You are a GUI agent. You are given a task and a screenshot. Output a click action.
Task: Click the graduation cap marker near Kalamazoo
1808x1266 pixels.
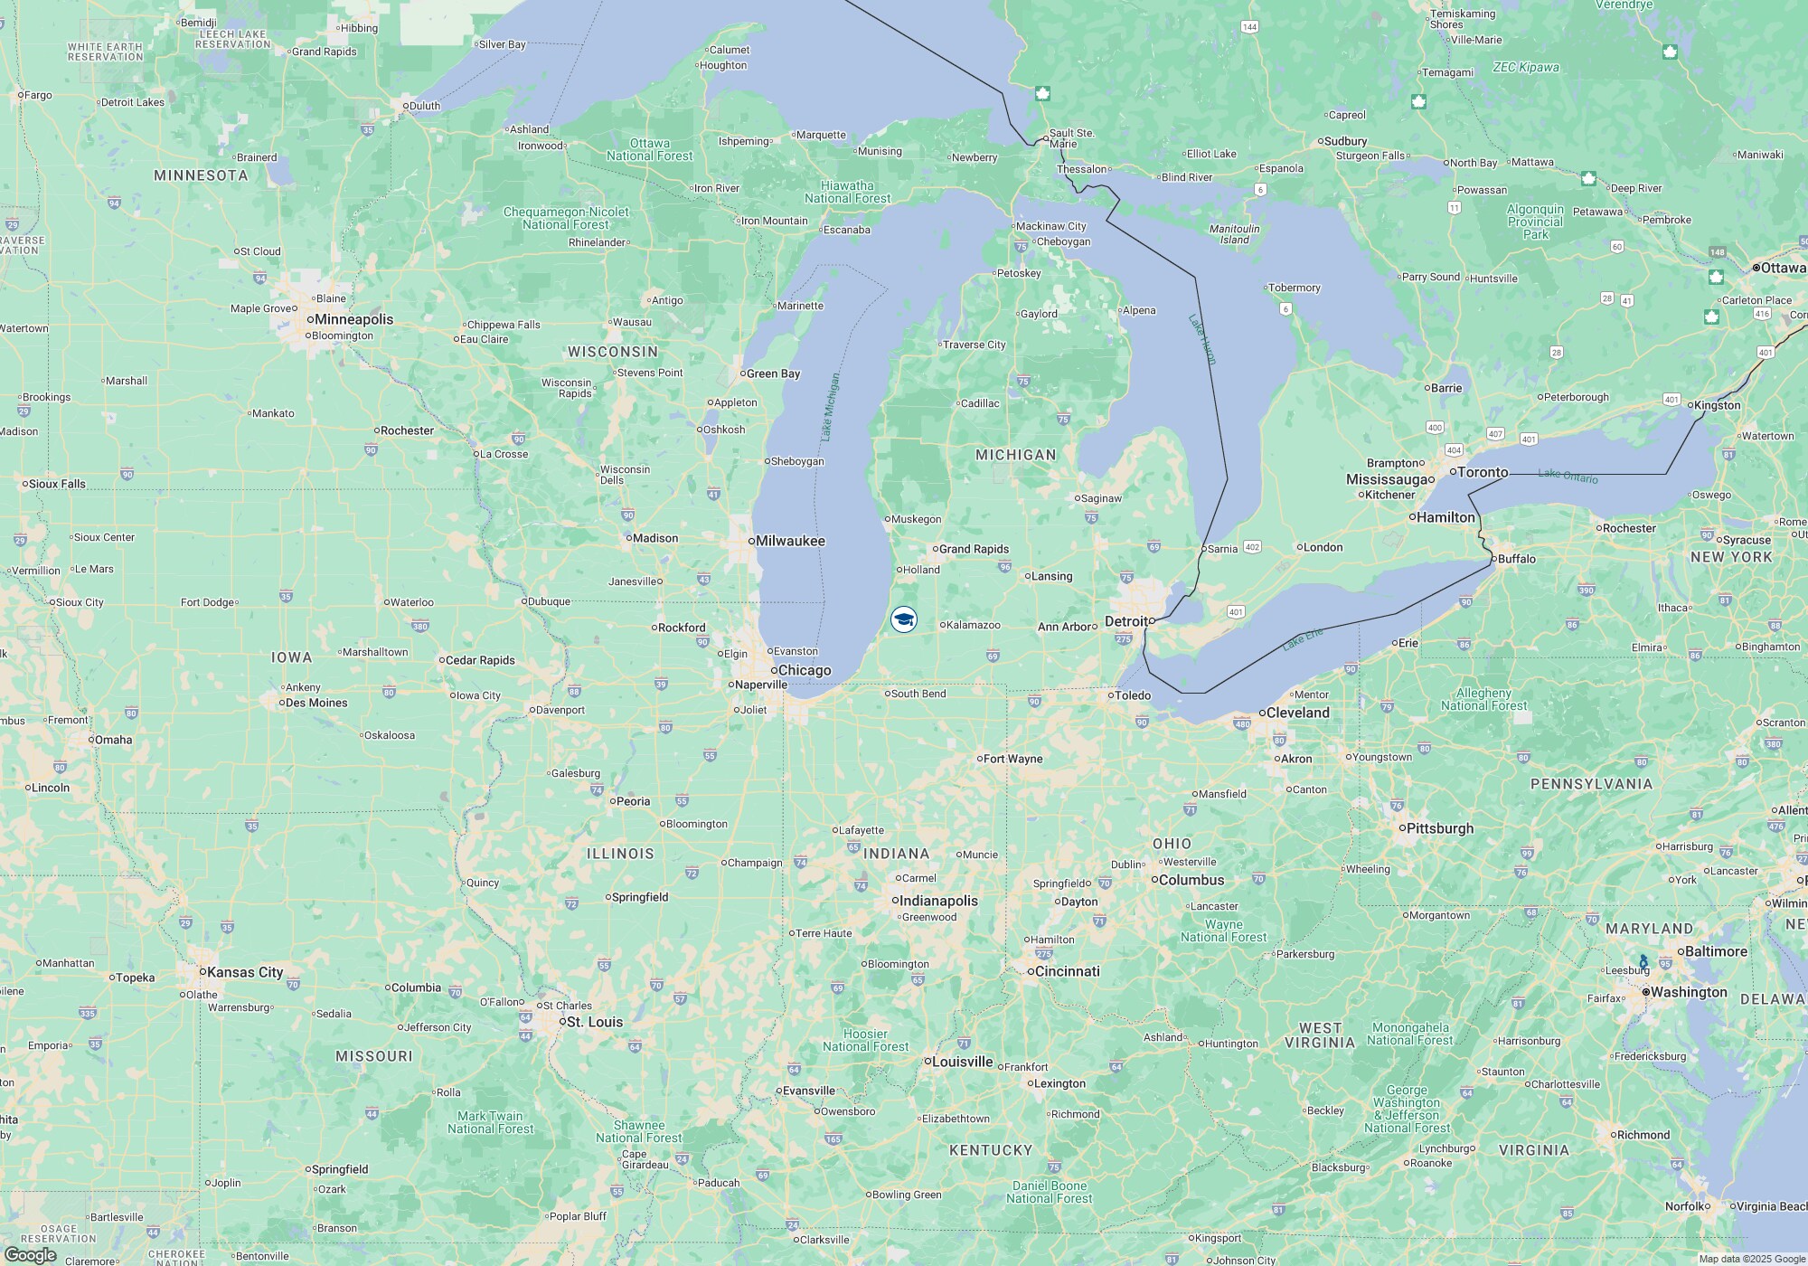pos(903,619)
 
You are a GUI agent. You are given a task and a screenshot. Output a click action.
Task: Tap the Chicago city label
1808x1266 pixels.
pos(804,670)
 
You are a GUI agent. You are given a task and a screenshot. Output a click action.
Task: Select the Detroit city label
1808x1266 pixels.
pos(1125,621)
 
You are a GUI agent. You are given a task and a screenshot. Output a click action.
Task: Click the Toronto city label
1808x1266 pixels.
pos(1483,472)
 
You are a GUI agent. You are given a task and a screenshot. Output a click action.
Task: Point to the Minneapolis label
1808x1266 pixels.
pos(353,319)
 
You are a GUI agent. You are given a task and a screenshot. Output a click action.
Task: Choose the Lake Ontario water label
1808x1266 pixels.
pos(1568,475)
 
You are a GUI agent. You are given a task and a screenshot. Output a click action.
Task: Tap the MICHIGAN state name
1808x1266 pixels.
pos(1015,455)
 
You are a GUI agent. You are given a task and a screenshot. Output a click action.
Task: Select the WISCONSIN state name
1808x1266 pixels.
pos(612,352)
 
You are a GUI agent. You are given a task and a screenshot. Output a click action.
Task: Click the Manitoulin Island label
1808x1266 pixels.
pos(1234,234)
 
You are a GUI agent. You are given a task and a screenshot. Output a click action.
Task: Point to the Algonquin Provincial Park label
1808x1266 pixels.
pos(1535,222)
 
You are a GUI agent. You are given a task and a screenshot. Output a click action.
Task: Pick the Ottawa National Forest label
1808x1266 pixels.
pos(649,149)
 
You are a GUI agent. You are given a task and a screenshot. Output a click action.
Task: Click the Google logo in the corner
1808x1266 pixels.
pos(30,1254)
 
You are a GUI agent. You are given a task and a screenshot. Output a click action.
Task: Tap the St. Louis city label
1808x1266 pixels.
pos(594,1022)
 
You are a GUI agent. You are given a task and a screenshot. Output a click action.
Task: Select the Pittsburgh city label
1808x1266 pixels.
pos(1439,828)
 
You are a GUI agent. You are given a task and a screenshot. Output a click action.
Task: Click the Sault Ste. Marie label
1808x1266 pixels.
pos(1071,138)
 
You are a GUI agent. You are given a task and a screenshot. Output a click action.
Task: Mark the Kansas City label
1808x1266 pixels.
pos(244,972)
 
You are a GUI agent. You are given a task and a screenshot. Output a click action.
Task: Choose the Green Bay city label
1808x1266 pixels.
pos(773,373)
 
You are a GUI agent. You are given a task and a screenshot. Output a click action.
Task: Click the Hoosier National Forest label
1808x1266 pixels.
pos(865,1040)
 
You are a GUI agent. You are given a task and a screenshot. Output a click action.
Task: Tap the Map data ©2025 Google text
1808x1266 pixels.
pos(1750,1259)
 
